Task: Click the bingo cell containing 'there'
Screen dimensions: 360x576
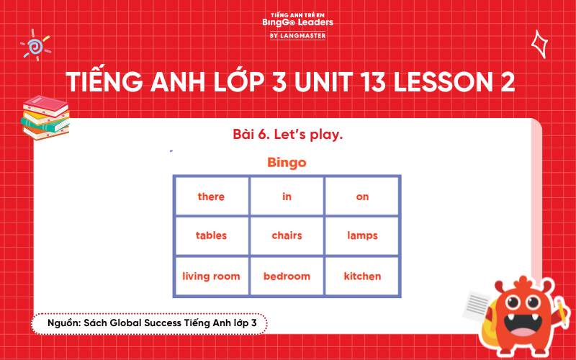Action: (x=211, y=197)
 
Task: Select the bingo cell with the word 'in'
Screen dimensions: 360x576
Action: (x=287, y=197)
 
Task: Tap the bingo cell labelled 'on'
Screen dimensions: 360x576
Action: (x=362, y=197)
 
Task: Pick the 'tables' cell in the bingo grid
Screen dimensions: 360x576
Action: (x=211, y=235)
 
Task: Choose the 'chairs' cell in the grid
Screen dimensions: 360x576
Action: (x=287, y=235)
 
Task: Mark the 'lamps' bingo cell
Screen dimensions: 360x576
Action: (x=362, y=235)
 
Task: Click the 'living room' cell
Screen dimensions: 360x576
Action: (x=211, y=276)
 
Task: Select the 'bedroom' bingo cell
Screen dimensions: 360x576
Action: (x=287, y=276)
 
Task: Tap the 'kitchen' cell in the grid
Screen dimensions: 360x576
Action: (x=362, y=276)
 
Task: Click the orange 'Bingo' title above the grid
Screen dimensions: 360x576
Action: (x=287, y=162)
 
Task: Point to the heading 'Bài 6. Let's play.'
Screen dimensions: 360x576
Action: (x=287, y=135)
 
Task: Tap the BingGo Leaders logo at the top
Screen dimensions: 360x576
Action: (x=287, y=24)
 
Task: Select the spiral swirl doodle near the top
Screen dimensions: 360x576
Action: (x=34, y=46)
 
